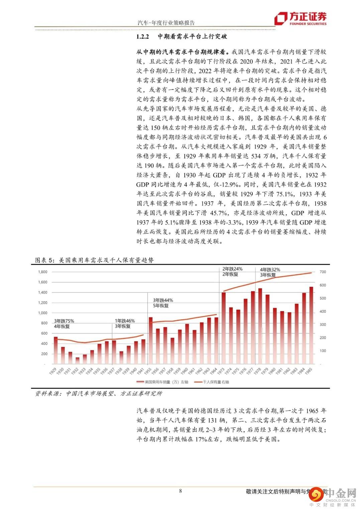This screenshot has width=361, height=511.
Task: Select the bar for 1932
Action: pos(78,361)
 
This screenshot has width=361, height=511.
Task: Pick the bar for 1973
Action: pos(224,328)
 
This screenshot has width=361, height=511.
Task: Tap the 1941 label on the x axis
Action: pos(141,371)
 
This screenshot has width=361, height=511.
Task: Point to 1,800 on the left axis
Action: pos(43,272)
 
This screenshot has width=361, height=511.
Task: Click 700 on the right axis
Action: pos(323,272)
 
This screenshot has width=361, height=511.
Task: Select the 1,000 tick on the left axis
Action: pos(43,313)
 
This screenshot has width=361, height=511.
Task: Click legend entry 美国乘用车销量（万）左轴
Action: pos(162,382)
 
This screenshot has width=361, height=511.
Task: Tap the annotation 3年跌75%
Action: pos(64,321)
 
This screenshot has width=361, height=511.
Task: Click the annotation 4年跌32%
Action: pos(270,269)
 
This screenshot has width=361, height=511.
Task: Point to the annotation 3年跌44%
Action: pos(163,300)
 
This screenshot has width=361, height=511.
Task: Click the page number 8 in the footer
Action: pos(180,491)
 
